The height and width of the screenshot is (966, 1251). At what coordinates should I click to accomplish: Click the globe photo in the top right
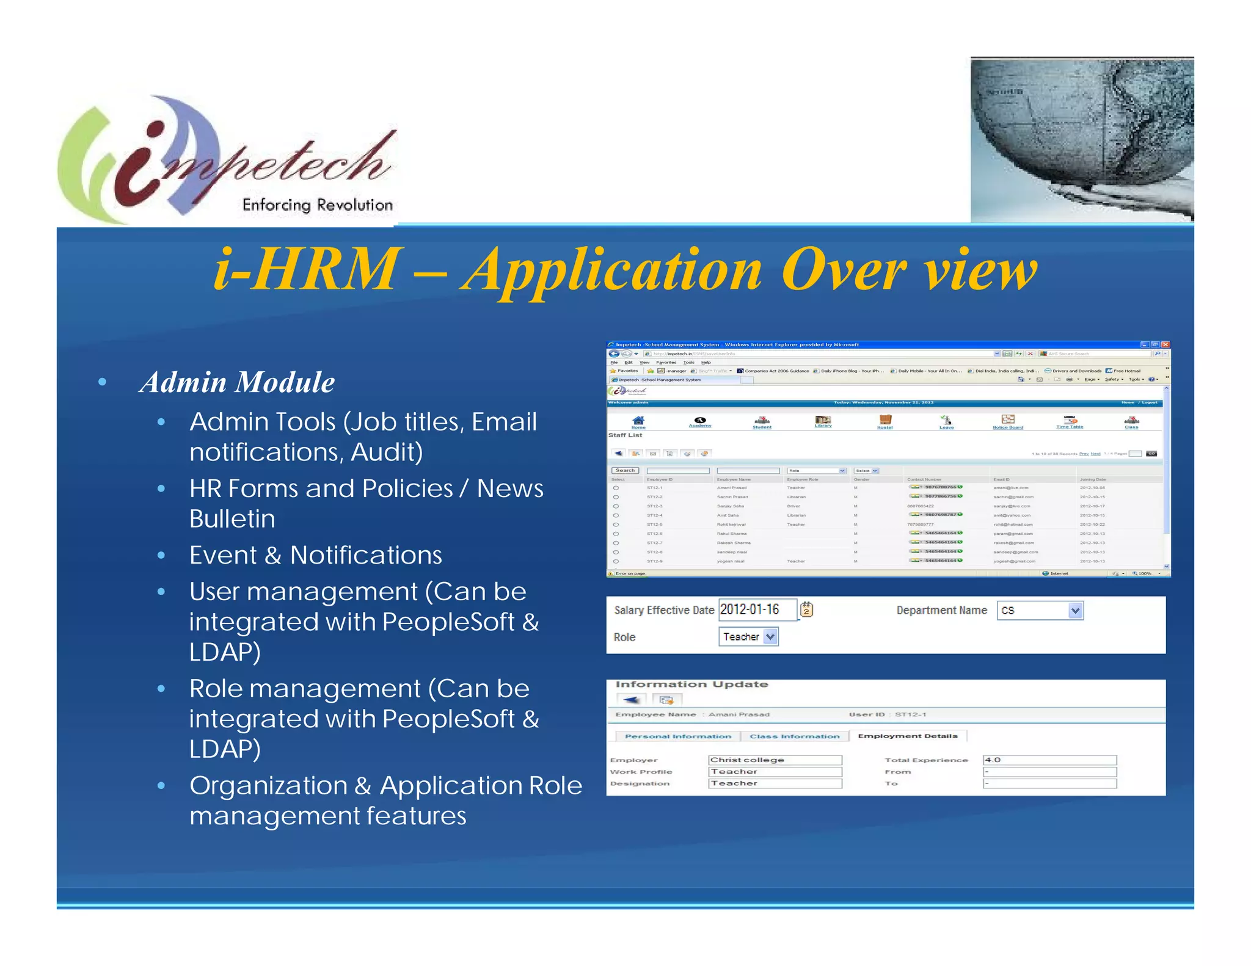point(1081,139)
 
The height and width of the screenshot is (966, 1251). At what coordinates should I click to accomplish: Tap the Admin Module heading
point(237,382)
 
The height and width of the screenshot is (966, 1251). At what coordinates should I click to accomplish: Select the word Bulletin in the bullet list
point(232,519)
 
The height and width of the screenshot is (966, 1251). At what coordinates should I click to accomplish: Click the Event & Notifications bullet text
point(315,555)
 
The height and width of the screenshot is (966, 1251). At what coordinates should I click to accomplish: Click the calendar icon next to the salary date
point(806,609)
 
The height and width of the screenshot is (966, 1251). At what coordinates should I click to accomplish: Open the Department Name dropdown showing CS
point(1040,610)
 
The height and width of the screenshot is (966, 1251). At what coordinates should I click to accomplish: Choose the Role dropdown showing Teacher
point(748,637)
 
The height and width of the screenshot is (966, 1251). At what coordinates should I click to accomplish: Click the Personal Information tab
point(677,736)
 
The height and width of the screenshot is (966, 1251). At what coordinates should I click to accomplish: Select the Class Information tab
point(794,736)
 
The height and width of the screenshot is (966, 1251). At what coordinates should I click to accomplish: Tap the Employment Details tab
point(907,736)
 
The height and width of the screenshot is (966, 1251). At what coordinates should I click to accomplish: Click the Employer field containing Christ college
point(775,760)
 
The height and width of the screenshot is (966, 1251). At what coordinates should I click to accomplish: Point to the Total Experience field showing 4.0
point(1049,760)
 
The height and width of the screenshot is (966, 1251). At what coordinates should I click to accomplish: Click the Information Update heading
point(691,685)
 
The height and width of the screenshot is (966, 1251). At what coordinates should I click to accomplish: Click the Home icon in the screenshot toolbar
point(638,421)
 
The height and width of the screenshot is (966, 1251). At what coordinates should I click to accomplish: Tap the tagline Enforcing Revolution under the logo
point(318,205)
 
